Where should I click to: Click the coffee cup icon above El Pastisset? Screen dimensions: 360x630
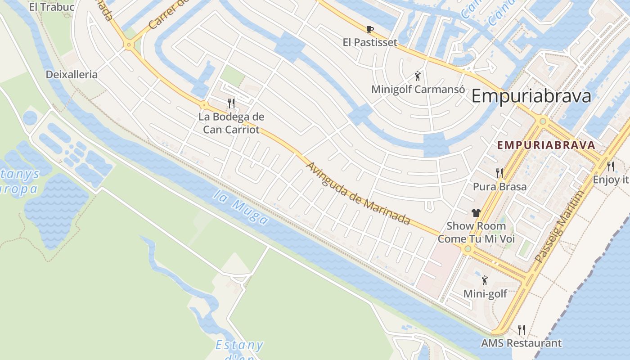[369, 30]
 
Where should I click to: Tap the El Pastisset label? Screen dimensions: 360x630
[370, 42]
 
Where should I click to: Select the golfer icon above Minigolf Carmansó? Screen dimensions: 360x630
[418, 76]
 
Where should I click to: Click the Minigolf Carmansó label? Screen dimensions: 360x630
[418, 89]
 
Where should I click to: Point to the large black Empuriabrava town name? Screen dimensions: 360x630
[531, 96]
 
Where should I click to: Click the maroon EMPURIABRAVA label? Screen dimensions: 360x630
[546, 145]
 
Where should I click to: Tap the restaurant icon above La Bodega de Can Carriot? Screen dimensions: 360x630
[231, 103]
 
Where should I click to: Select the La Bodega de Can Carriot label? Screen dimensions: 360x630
[231, 123]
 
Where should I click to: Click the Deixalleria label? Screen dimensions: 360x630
[72, 75]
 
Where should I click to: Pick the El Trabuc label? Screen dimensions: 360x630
[51, 7]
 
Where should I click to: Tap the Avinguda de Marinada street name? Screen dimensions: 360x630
[358, 193]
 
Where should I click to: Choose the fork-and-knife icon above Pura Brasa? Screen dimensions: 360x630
[499, 173]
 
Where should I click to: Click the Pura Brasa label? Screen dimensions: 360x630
[499, 186]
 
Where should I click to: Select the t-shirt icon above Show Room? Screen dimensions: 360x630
[476, 213]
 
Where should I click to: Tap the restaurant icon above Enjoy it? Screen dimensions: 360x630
[610, 166]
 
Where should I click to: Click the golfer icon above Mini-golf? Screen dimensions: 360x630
[485, 281]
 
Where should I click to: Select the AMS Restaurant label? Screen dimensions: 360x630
[521, 343]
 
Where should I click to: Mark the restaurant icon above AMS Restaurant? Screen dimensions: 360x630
[521, 330]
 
